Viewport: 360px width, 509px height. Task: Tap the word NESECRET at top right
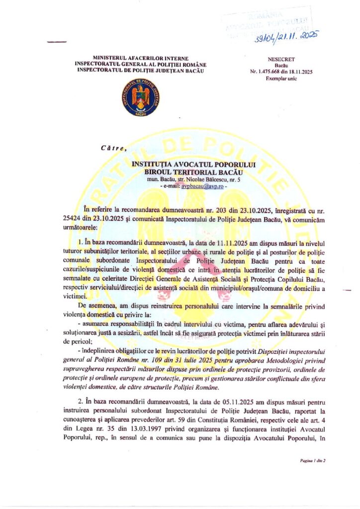[x=277, y=59]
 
